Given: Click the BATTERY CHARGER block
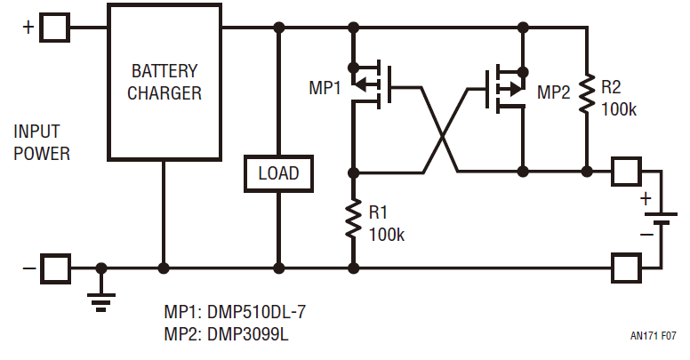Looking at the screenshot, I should tap(164, 82).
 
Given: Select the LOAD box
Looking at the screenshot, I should tap(278, 173).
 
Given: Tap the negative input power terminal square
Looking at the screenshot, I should tap(56, 267).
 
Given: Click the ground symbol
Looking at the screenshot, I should tap(102, 298).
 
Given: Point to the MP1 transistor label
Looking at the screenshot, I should tap(325, 89).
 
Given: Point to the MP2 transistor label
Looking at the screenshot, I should tap(555, 91).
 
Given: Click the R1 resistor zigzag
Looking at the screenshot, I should tap(353, 220).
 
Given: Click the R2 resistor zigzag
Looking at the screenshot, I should tap(587, 93).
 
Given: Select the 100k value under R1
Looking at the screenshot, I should tap(387, 235).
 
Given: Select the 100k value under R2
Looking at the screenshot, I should tap(620, 108).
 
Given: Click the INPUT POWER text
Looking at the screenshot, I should tap(42, 142).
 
